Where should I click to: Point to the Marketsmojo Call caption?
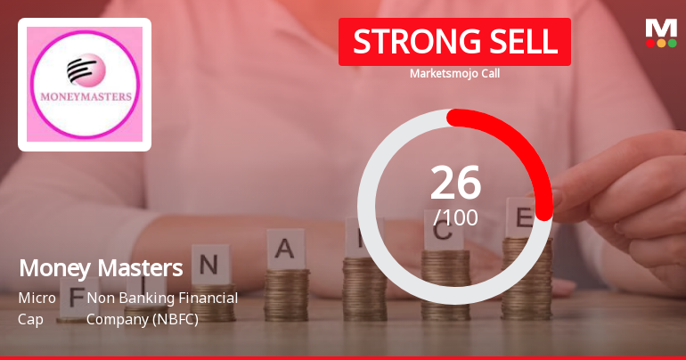pyautogui.click(x=454, y=73)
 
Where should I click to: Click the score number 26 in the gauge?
pyautogui.click(x=455, y=182)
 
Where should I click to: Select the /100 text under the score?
pyautogui.click(x=455, y=217)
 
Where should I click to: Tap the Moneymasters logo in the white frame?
pyautogui.click(x=85, y=84)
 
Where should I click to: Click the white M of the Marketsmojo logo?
pyautogui.click(x=661, y=28)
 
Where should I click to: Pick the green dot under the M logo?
pyautogui.click(x=673, y=42)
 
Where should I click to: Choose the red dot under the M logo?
pyautogui.click(x=650, y=42)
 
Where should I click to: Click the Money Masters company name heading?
pyautogui.click(x=101, y=267)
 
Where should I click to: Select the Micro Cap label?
pyautogui.click(x=37, y=307)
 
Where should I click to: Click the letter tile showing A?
pyautogui.click(x=285, y=249)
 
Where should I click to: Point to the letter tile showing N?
pyautogui.click(x=209, y=264)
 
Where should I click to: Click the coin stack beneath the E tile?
pyautogui.click(x=526, y=276)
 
